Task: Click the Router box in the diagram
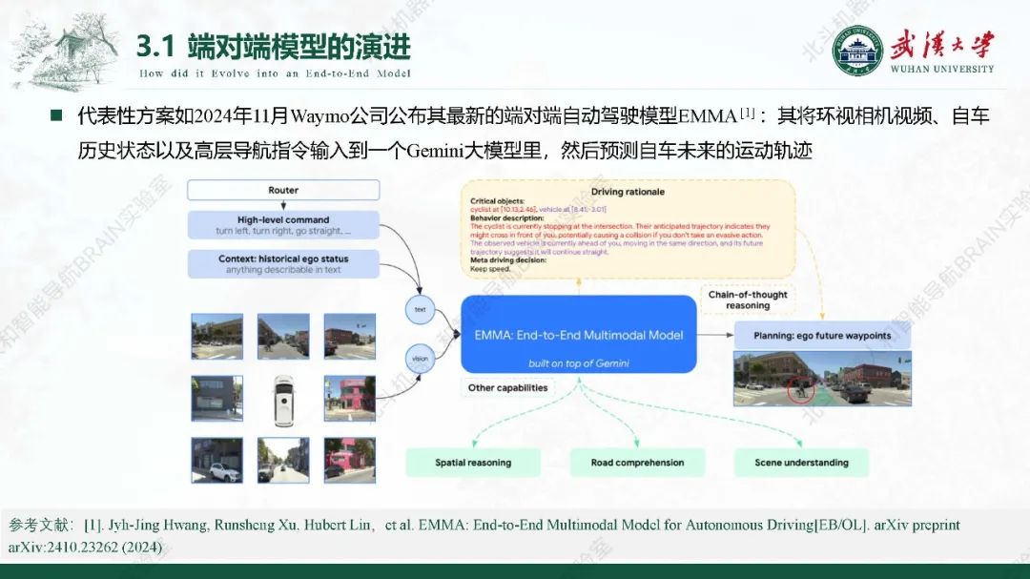coord(283,190)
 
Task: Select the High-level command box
coord(283,225)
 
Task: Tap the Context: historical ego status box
coord(283,263)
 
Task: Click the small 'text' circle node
coord(420,309)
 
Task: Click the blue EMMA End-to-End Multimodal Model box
coord(579,335)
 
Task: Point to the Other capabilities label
coord(508,388)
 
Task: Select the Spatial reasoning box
coord(473,463)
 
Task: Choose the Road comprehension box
coord(638,463)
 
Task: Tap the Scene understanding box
coord(801,463)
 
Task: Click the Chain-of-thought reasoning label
coord(748,300)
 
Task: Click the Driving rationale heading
coord(628,192)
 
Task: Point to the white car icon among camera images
coord(283,399)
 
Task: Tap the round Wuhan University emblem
coord(856,50)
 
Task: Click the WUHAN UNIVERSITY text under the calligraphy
coord(941,69)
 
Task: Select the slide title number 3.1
coord(154,45)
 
